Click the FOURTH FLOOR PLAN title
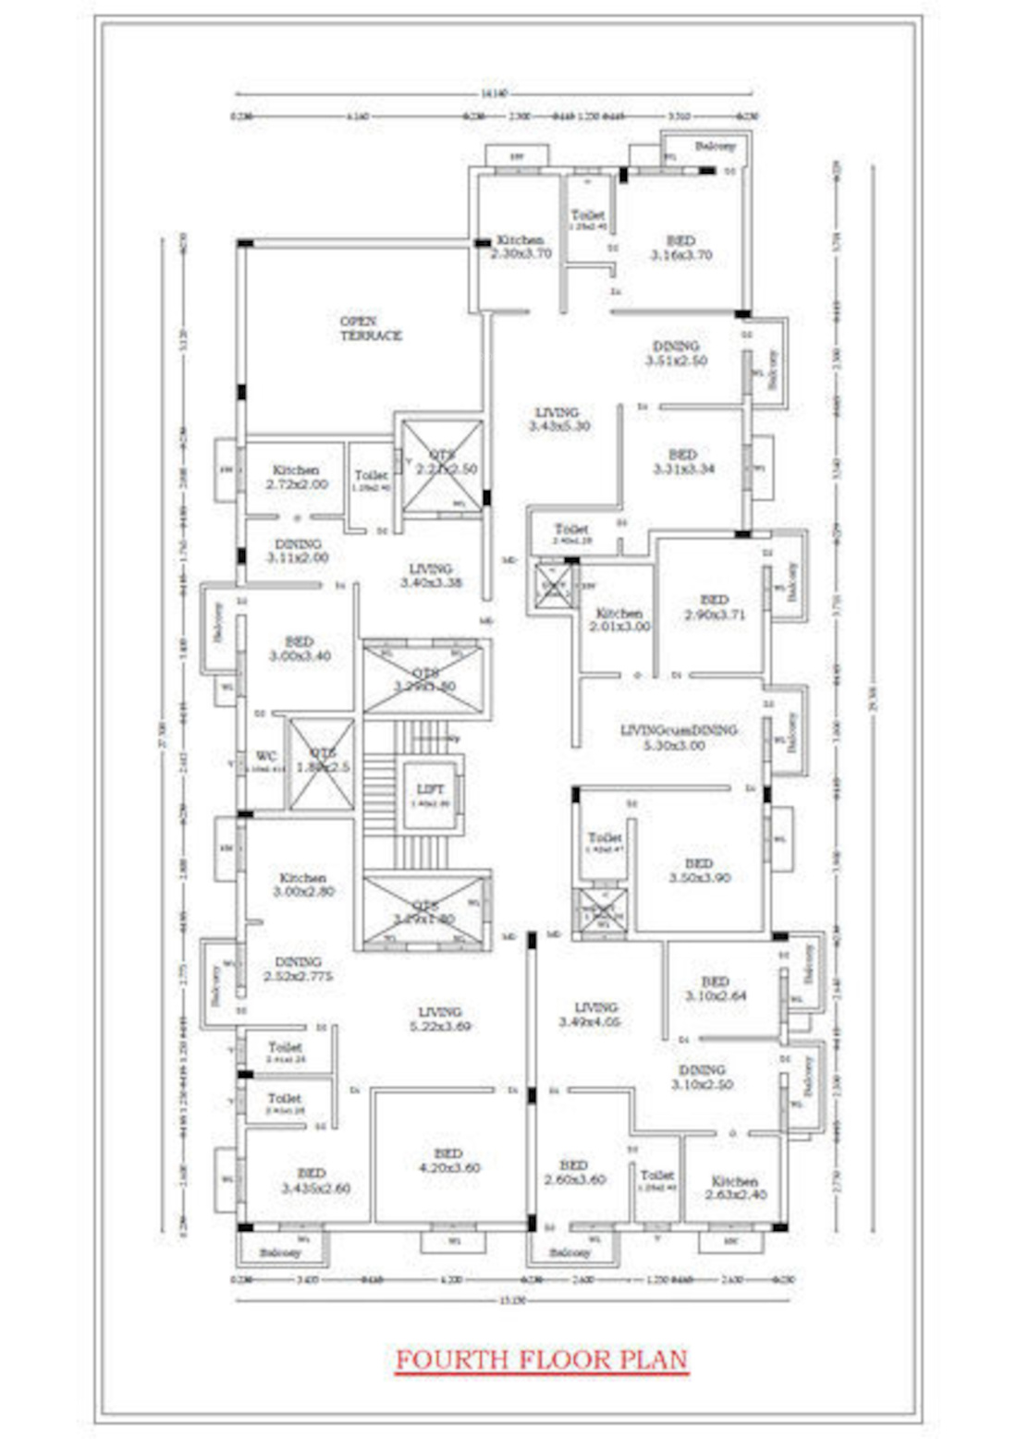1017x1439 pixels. pos(542,1360)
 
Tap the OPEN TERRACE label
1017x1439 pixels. pos(371,329)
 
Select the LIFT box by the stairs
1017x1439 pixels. pos(431,793)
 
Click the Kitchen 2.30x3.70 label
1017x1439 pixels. pos(521,246)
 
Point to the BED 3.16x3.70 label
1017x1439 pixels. pos(681,248)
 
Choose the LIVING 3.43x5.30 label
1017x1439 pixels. pos(558,419)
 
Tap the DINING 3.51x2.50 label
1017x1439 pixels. pos(676,353)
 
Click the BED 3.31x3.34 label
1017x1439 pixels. pos(683,461)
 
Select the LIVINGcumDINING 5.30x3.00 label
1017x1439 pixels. pos(679,737)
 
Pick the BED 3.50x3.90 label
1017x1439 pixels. pos(699,870)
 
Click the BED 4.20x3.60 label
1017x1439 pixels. pos(448,1160)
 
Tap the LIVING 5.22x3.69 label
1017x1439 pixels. pos(439,1018)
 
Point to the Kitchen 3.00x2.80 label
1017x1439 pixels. pos(303,884)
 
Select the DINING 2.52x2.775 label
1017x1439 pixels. pos(298,969)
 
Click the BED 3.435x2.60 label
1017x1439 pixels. pos(314,1180)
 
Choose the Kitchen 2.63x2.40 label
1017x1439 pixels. pos(735,1188)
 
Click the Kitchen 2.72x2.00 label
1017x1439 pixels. pos(296,477)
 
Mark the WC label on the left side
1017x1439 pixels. pos(266,757)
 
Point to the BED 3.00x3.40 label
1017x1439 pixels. pos(300,648)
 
